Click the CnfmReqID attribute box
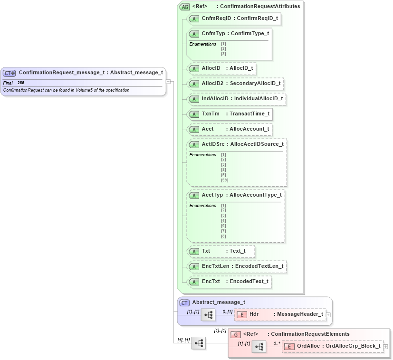(x=233, y=19)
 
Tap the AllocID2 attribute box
(x=236, y=84)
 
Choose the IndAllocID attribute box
(x=237, y=99)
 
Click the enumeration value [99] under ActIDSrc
(x=224, y=180)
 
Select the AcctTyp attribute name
(x=212, y=195)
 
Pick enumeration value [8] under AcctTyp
(x=223, y=236)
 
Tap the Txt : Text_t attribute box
(x=221, y=251)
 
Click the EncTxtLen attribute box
(x=237, y=266)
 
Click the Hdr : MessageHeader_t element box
(x=280, y=314)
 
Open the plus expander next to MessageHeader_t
(x=328, y=314)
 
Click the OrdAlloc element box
(x=333, y=346)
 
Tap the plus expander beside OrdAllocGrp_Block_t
(x=385, y=346)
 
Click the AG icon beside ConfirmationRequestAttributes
(x=184, y=7)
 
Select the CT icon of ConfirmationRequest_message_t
(x=10, y=73)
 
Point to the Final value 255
(x=21, y=83)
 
